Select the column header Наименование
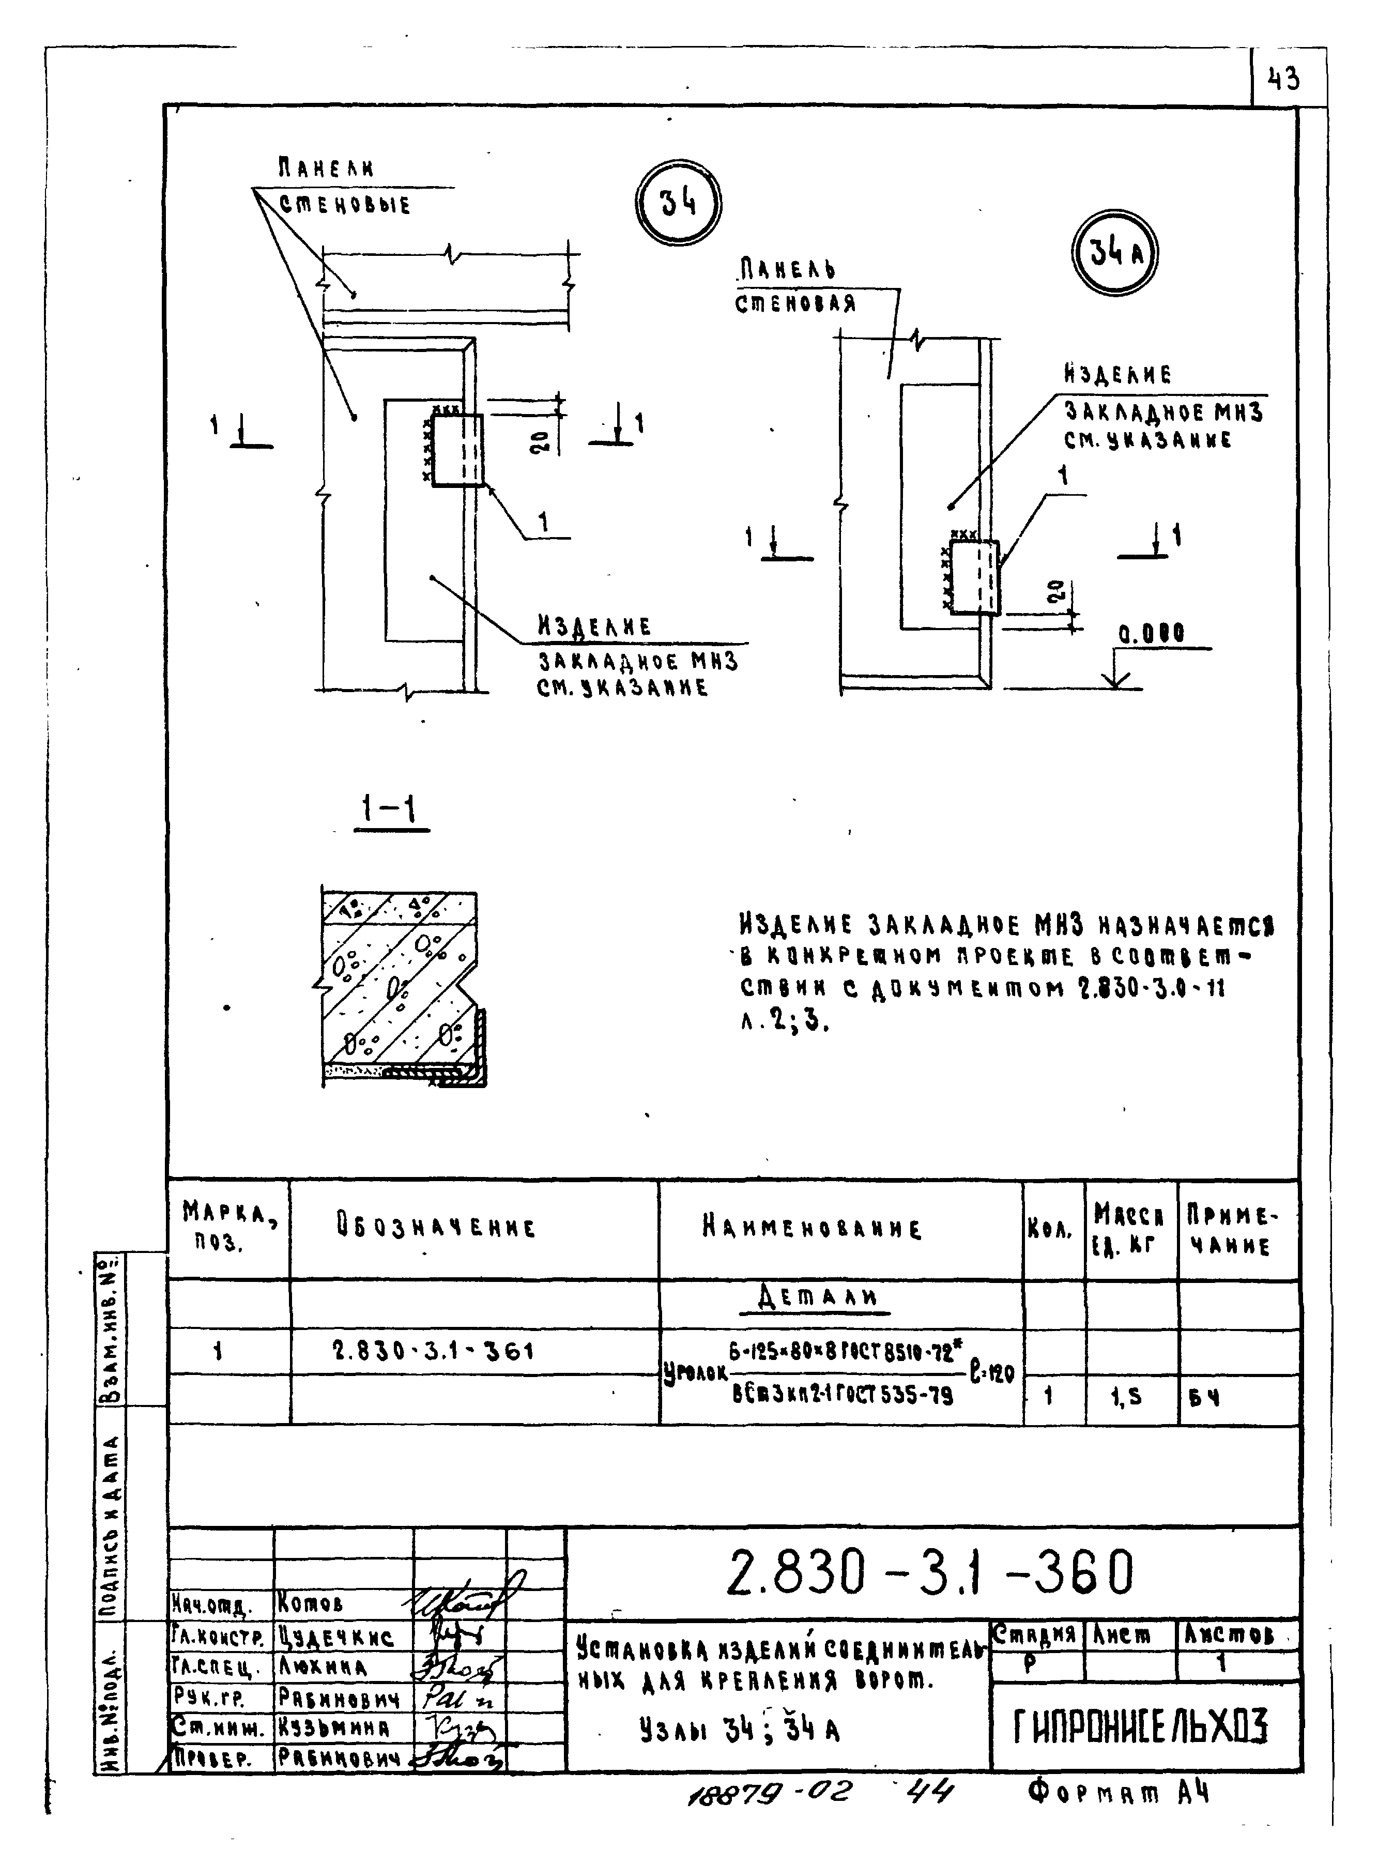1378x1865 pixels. pos(812,1229)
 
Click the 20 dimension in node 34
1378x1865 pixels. pos(541,440)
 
